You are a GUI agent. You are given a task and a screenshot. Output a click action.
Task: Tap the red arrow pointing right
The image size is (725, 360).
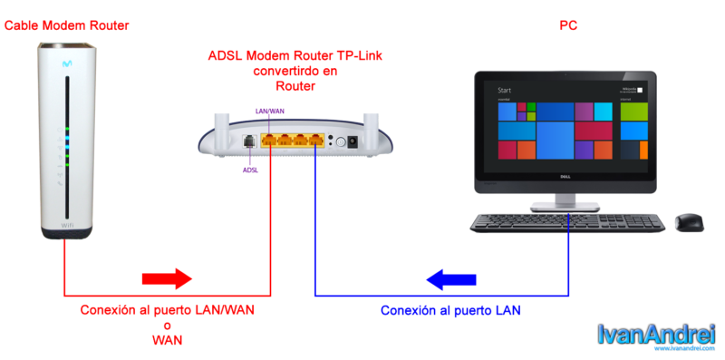point(168,277)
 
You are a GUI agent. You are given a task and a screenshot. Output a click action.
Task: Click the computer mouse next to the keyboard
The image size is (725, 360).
point(689,221)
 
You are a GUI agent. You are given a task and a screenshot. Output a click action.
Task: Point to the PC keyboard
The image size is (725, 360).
point(567,221)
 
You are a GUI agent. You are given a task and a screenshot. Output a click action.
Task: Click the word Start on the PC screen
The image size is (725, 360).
point(505,91)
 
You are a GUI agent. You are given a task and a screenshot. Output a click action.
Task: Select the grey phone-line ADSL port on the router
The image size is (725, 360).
point(248,141)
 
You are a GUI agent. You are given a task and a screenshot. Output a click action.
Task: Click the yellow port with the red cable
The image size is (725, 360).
point(270,141)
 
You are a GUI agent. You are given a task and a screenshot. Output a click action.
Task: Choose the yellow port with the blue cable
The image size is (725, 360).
point(314,141)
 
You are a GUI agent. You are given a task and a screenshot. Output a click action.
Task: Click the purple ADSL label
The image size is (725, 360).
point(249,169)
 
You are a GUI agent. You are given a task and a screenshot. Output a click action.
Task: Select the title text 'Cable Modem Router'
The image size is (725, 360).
point(67,25)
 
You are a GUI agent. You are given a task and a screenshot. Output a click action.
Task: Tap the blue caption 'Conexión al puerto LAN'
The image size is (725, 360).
point(450,310)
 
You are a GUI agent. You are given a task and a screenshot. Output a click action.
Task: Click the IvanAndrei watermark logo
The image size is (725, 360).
point(657,336)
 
